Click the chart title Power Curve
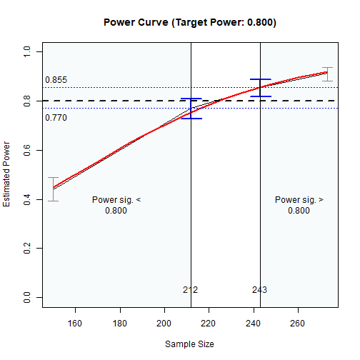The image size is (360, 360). (189, 22)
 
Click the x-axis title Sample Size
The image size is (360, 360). (189, 344)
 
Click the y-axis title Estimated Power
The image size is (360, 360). (8, 175)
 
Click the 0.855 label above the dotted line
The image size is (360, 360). (56, 80)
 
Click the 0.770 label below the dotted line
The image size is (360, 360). (56, 118)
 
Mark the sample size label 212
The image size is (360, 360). (190, 290)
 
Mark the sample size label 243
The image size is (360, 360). (259, 290)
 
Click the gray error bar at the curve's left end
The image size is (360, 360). (53, 189)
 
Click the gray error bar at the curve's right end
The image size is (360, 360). (327, 74)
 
